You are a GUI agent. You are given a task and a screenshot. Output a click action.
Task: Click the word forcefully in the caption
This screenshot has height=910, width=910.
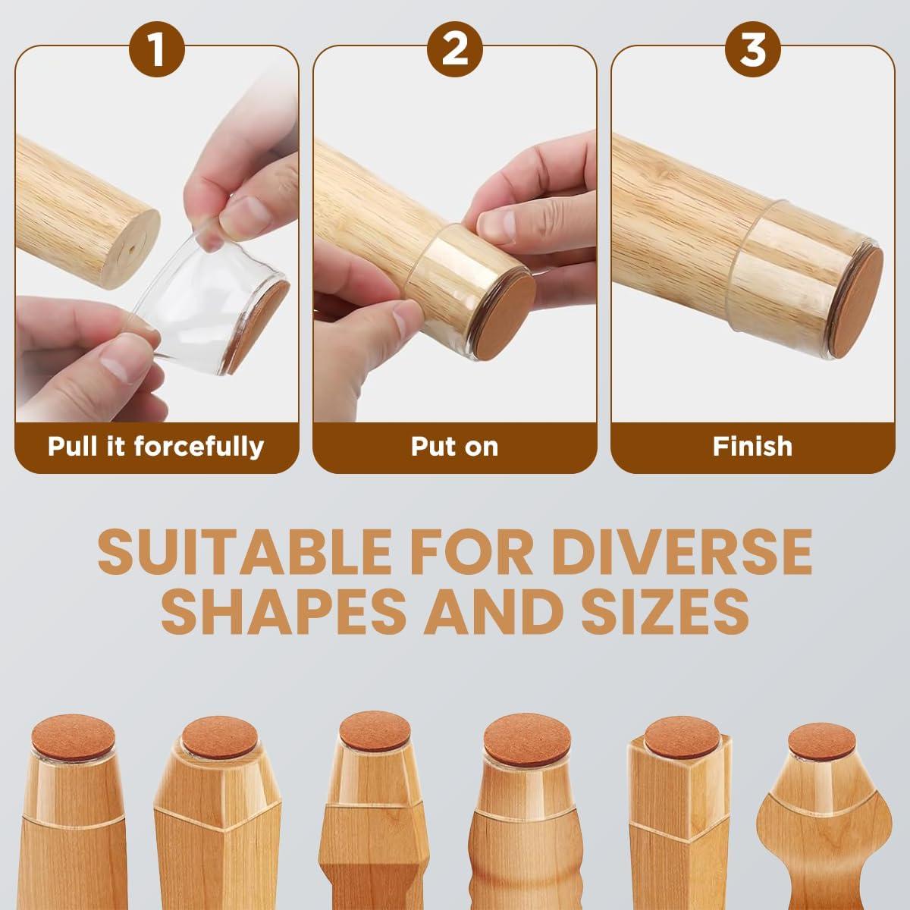(x=199, y=446)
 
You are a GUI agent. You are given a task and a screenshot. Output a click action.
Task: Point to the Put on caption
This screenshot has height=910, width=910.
(x=455, y=446)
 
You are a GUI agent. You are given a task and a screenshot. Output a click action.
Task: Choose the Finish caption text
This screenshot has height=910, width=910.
(x=753, y=446)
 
